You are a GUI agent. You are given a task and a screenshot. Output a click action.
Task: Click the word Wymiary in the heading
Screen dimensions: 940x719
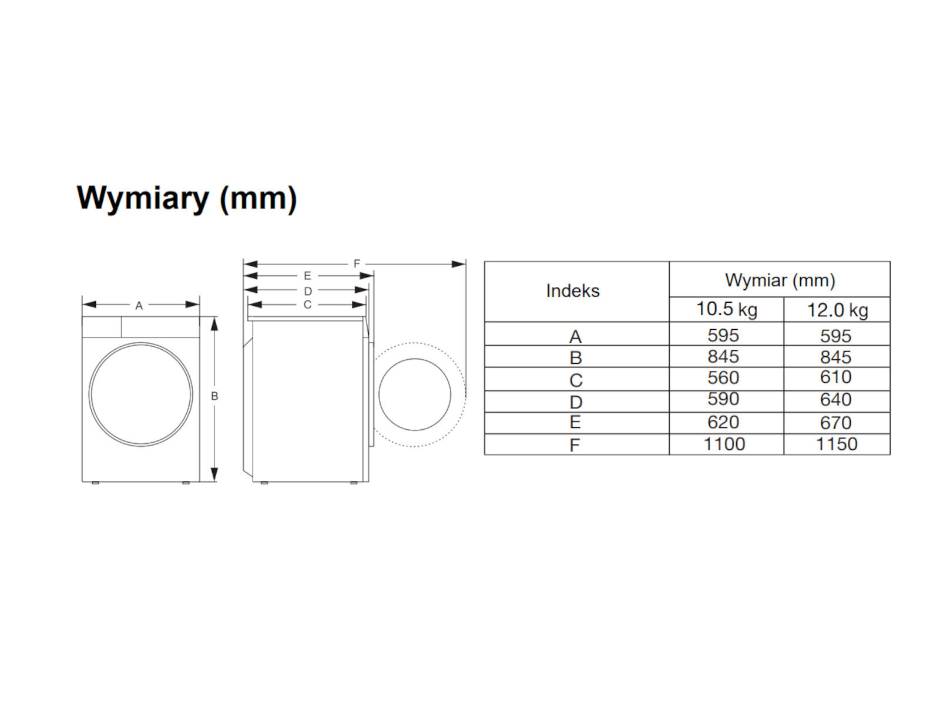point(142,198)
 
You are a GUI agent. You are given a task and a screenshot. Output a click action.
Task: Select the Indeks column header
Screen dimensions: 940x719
point(573,291)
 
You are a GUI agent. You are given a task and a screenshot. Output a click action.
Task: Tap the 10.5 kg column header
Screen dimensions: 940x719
point(727,309)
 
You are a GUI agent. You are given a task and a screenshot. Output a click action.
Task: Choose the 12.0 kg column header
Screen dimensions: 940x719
point(837,310)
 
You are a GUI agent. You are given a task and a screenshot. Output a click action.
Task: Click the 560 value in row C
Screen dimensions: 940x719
point(723,377)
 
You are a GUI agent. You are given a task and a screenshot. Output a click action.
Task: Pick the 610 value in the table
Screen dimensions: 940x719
point(835,377)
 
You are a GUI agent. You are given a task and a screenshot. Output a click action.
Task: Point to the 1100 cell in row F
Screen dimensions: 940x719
point(724,444)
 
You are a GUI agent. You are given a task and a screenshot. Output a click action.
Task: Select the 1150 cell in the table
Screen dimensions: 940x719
point(837,444)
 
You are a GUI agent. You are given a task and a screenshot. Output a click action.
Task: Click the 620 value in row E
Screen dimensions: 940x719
point(723,422)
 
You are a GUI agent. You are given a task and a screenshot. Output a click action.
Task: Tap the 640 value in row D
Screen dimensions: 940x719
point(835,399)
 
